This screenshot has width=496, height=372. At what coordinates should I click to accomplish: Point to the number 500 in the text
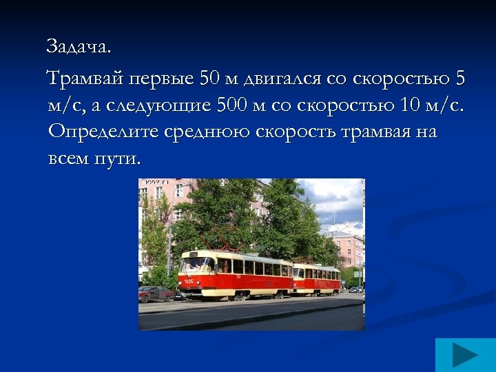point(231,105)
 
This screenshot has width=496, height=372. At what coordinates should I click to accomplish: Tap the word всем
point(70,158)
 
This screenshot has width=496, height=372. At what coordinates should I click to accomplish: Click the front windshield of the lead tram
point(196,264)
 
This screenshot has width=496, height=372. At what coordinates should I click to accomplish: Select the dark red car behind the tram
point(156,293)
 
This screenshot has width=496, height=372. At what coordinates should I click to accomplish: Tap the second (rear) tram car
point(316,278)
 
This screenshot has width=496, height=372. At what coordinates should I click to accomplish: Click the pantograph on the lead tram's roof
point(219,245)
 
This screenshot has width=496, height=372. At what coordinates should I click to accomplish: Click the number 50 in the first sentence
point(208,79)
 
